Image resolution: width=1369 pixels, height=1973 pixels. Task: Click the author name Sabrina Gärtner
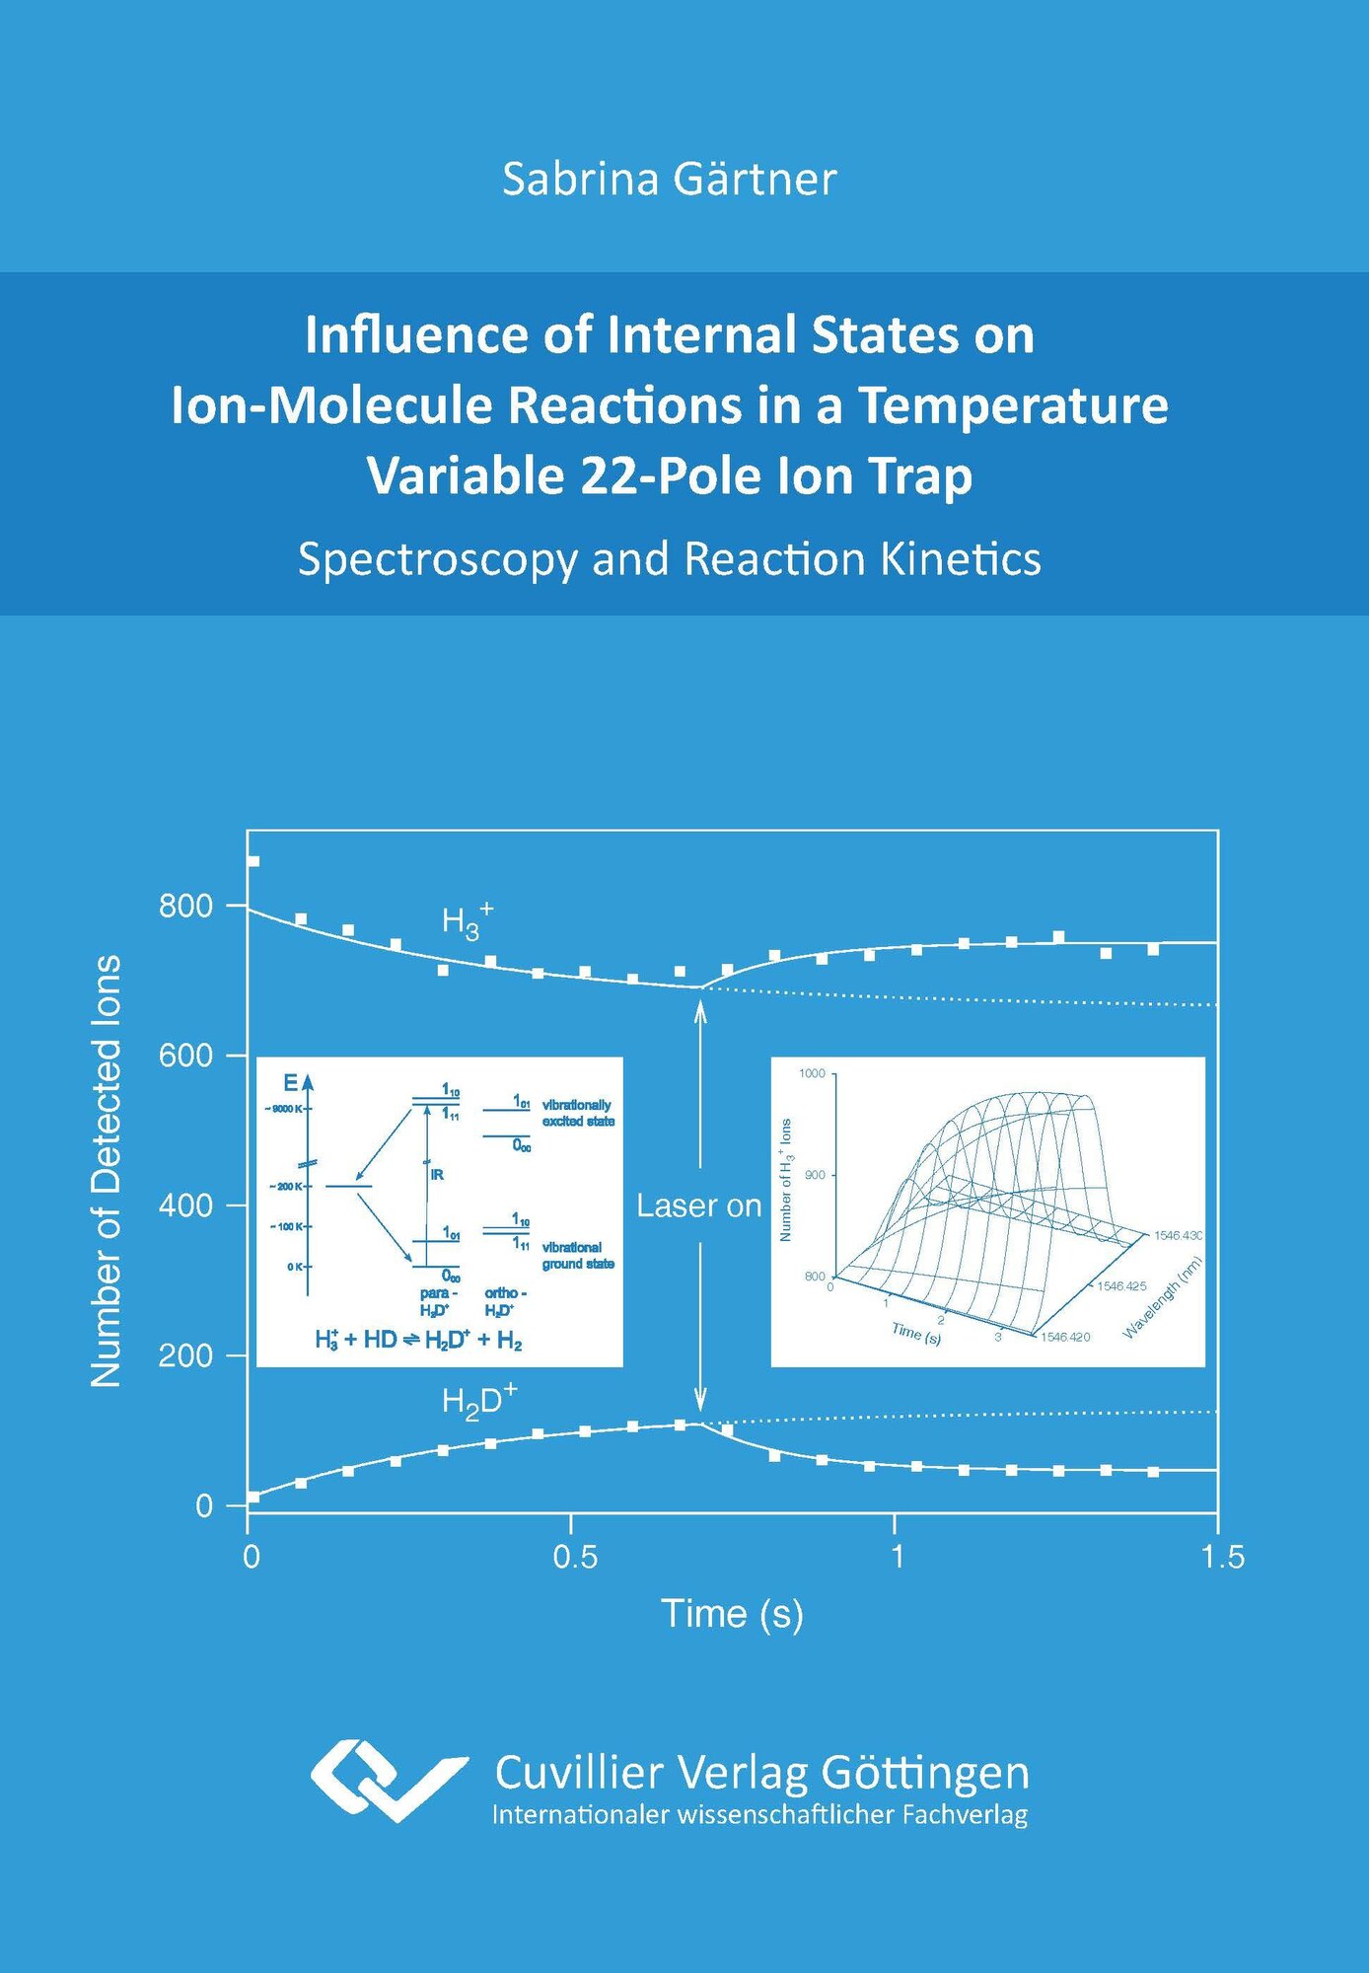pos(669,180)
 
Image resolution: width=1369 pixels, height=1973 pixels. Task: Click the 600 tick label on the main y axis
pos(185,1056)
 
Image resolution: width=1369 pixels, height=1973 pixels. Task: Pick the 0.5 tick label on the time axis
pos(574,1557)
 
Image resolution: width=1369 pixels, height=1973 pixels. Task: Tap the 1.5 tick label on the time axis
pos(1222,1557)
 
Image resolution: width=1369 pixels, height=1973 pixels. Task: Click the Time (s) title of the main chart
pos(732,1614)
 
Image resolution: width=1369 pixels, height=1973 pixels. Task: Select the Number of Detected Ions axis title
pos(107,1171)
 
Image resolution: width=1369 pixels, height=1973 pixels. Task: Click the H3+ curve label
pos(467,921)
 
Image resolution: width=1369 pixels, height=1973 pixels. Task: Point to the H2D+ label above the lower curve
pos(478,1401)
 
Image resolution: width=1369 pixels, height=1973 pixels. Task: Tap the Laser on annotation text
pos(698,1206)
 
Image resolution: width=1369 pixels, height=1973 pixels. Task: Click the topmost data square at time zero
pos(253,861)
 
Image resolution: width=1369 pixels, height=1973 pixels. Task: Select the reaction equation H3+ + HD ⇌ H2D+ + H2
pos(418,1340)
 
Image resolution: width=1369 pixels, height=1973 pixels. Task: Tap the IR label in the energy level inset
pos(437,1174)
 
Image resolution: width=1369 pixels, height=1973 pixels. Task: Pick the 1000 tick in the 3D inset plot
pos(812,1073)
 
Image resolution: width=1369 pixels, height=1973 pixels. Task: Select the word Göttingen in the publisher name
pos(924,1773)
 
